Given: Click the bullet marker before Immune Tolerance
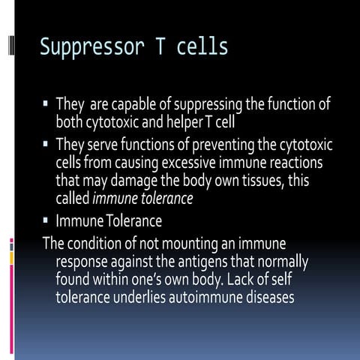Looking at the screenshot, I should (x=47, y=221).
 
